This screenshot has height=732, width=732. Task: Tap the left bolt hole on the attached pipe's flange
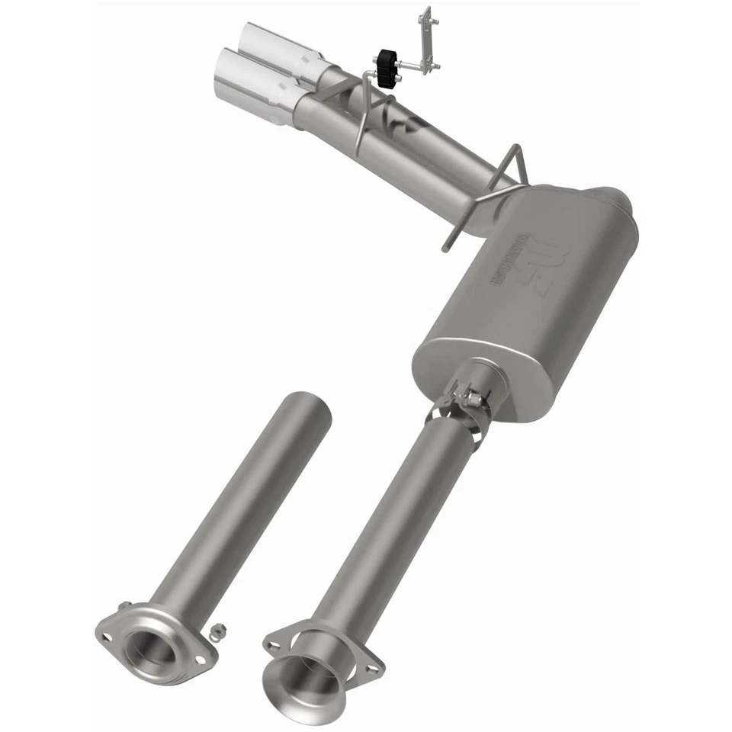(271, 645)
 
